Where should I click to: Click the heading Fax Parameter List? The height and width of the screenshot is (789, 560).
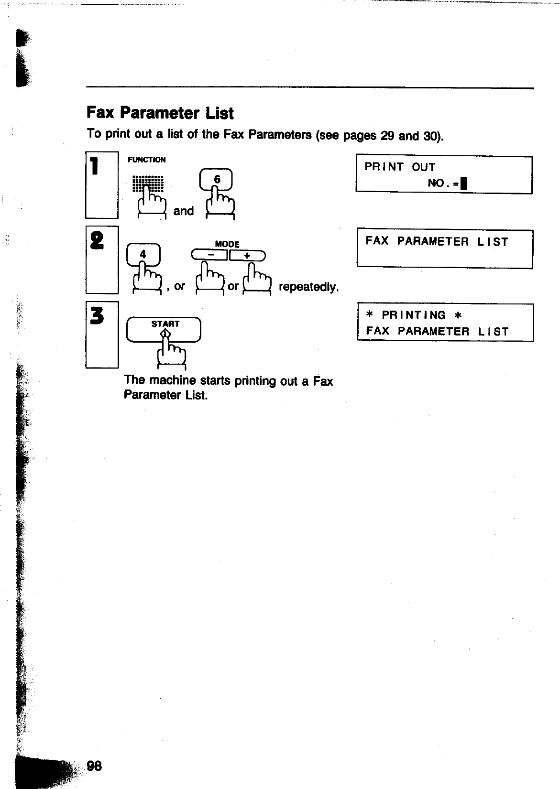pyautogui.click(x=160, y=113)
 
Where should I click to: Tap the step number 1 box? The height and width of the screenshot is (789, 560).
pyautogui.click(x=102, y=184)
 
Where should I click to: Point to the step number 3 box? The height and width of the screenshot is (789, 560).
pyautogui.click(x=102, y=335)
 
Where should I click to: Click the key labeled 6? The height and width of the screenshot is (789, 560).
pyautogui.click(x=217, y=180)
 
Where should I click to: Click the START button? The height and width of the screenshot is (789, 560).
pyautogui.click(x=164, y=330)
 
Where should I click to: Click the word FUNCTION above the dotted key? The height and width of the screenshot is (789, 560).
pyautogui.click(x=146, y=160)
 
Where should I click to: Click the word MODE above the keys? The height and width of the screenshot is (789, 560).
pyautogui.click(x=227, y=244)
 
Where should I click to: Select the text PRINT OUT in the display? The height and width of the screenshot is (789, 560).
pyautogui.click(x=400, y=167)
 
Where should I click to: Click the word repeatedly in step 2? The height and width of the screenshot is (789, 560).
pyautogui.click(x=308, y=287)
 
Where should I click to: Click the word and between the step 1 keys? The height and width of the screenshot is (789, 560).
pyautogui.click(x=184, y=211)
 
